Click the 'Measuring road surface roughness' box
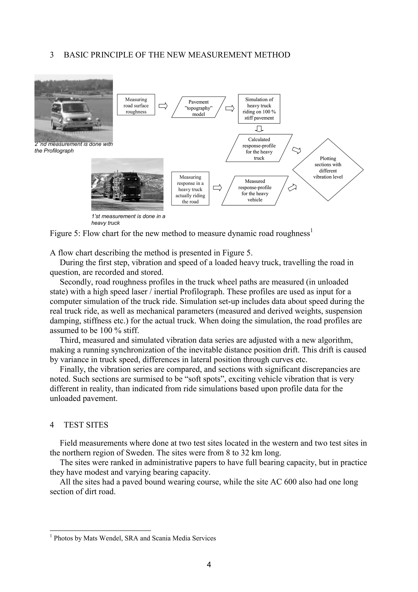click(x=136, y=105)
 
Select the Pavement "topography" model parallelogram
click(x=198, y=107)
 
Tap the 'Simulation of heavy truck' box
click(x=259, y=108)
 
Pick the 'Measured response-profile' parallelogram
click(x=255, y=191)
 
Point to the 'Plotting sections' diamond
click(x=328, y=170)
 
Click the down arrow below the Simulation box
click(x=259, y=128)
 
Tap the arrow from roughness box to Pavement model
click(x=163, y=106)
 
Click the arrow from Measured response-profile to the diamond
click(x=292, y=188)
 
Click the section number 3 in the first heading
click(x=52, y=55)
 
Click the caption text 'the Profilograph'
click(x=54, y=151)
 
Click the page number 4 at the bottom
click(x=209, y=564)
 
